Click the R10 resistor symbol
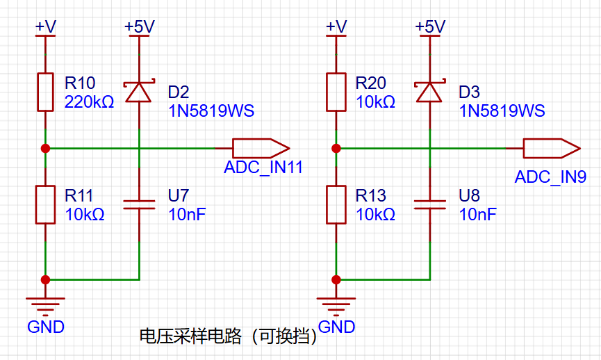coord(45,92)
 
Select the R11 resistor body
coord(45,205)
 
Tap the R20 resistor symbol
coord(336,92)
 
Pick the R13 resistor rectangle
coord(336,205)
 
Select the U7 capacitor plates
coord(139,205)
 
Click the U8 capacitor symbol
coord(430,205)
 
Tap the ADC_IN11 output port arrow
coord(261,148)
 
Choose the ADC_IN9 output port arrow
coord(552,148)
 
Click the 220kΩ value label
coord(90,102)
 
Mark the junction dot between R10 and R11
coord(45,148)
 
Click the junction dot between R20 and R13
coord(336,148)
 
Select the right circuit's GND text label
coord(336,327)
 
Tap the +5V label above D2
coord(140,27)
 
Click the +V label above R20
coord(336,27)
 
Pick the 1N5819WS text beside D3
coord(502,111)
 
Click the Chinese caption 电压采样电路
coord(190,336)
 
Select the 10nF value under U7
coord(187,214)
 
